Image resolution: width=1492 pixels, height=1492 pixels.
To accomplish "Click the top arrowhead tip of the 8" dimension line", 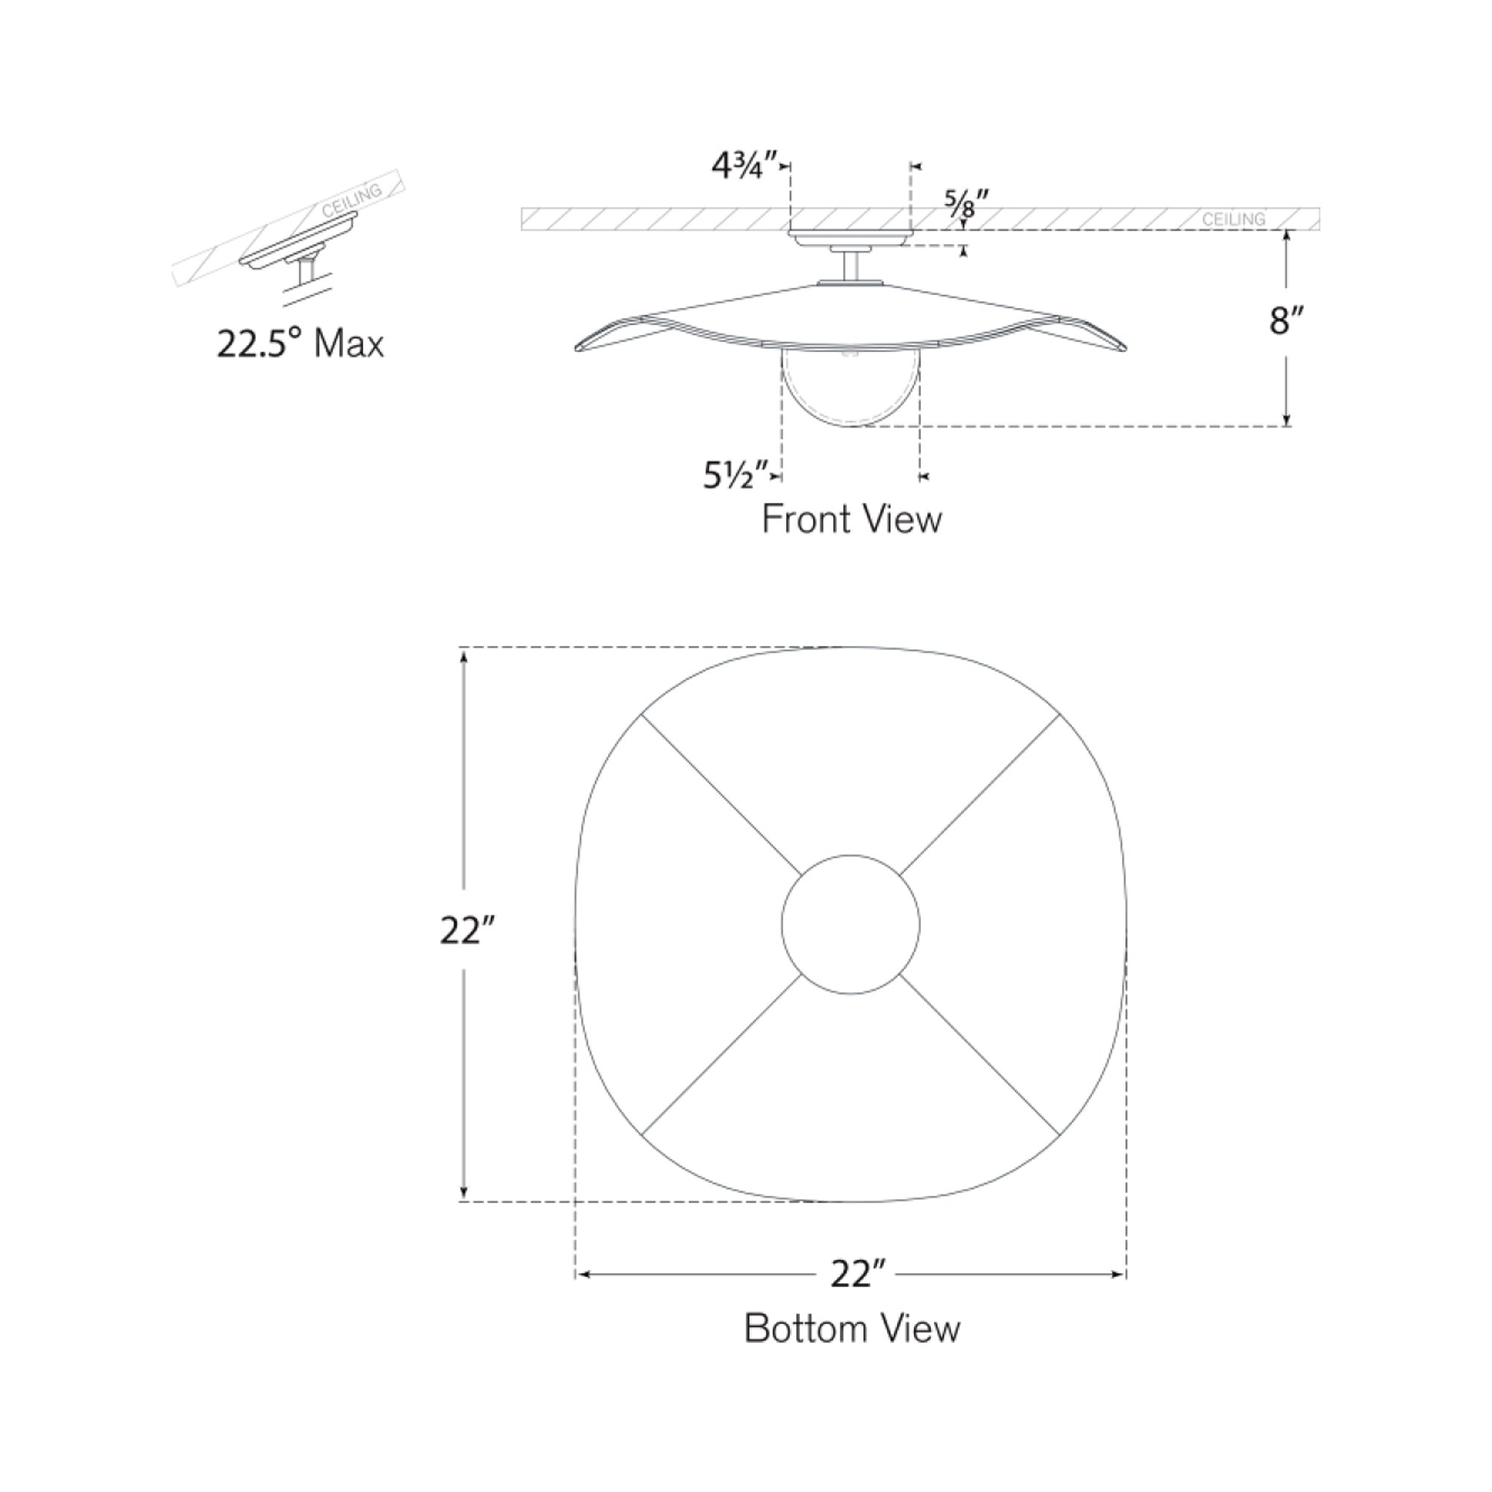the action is tap(1287, 231).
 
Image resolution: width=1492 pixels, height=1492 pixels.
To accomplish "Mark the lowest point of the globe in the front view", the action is tap(851, 425).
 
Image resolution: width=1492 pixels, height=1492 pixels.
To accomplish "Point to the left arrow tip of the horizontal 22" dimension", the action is tap(577, 1274).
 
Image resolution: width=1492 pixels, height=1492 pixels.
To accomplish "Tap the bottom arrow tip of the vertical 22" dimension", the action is tap(463, 1201).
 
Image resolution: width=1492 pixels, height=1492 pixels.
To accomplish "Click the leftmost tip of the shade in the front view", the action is tap(575, 348).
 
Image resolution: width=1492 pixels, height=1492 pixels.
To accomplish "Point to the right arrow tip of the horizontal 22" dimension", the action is tap(1125, 1274).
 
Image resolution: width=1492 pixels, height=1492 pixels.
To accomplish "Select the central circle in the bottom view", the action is tap(850, 924).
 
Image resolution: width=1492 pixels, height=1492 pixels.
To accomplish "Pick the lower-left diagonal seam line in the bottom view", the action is tap(721, 1054).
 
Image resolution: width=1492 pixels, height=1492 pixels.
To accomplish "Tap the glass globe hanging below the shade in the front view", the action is tap(850, 386).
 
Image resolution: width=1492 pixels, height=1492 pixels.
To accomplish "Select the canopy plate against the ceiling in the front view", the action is tap(850, 239).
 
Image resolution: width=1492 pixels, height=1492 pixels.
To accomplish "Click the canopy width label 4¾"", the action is tap(738, 166).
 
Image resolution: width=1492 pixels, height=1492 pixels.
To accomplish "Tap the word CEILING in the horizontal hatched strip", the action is tap(1233, 219).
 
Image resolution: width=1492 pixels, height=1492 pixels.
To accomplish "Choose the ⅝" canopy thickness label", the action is tap(967, 204).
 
